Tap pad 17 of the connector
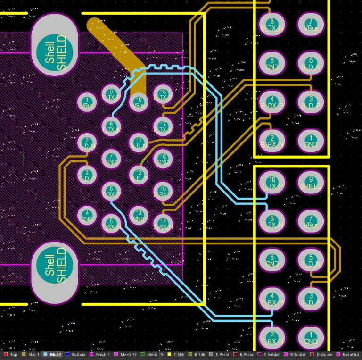click(163, 126)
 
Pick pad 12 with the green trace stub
click(138, 175)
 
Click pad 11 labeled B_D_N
click(138, 142)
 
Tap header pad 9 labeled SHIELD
click(311, 183)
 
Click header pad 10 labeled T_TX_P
click(272, 183)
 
